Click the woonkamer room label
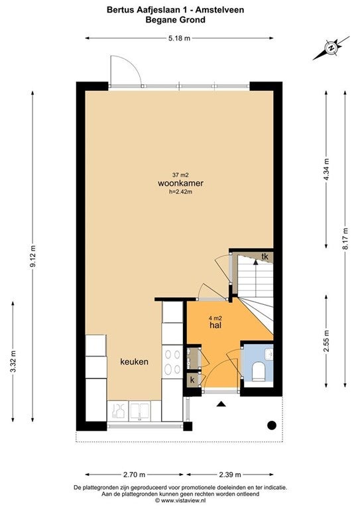pos(180,183)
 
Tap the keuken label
pos(135,362)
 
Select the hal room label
pos(215,325)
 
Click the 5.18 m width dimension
pos(179,38)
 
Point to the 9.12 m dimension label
pos(32,256)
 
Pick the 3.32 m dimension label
pos(13,362)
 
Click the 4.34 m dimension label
pos(327,170)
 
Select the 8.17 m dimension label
pos(345,239)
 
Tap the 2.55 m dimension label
pos(327,341)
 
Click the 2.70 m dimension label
pos(134,475)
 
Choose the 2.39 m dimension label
pos(230,475)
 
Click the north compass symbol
pos(331,48)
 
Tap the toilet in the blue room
pos(259,371)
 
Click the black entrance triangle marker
pos(221,404)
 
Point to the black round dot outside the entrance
pos(272,425)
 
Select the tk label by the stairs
pos(265,256)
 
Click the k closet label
pos(192,380)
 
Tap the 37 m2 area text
pos(180,175)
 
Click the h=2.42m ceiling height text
pos(180,192)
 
